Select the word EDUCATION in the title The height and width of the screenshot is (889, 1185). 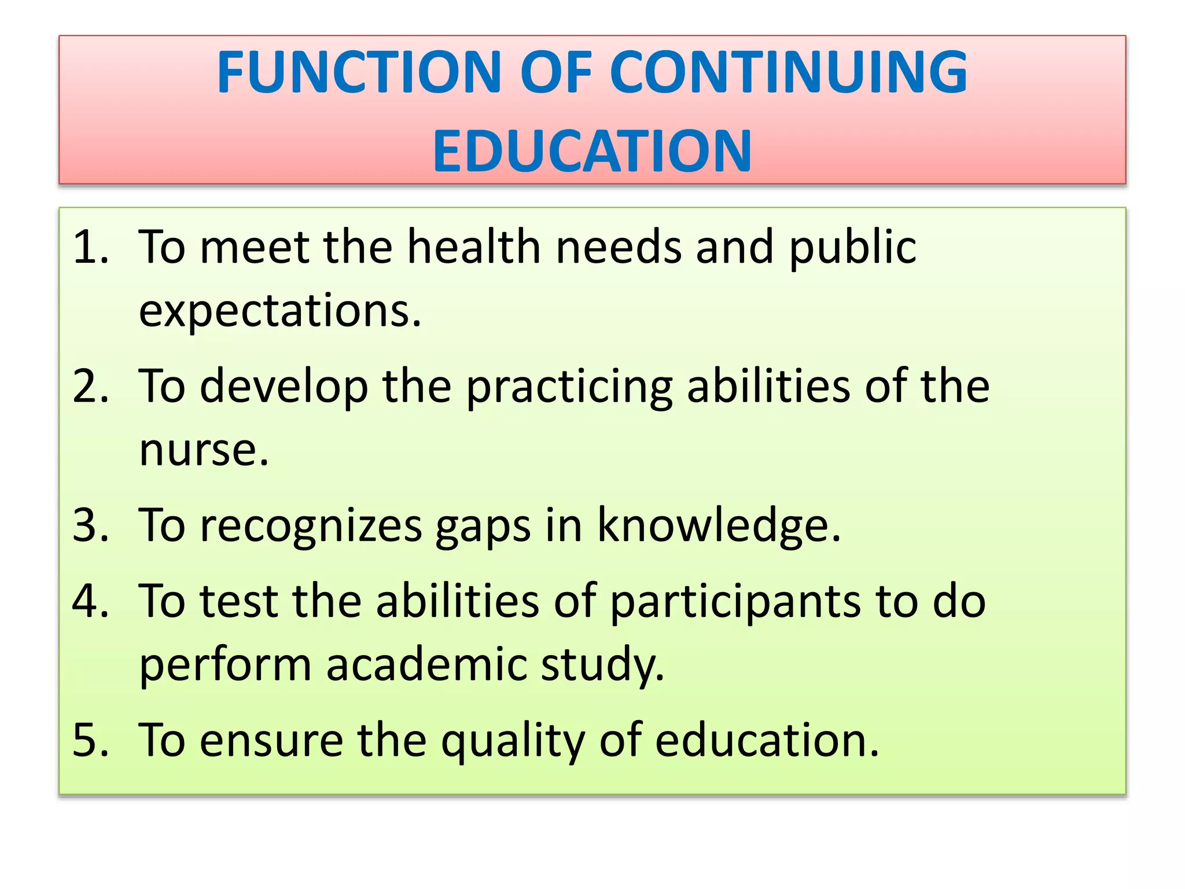point(592,151)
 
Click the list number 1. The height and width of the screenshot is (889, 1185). point(90,247)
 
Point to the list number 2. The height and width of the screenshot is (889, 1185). point(90,386)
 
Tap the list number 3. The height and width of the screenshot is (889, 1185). point(90,525)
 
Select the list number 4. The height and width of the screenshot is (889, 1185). point(90,601)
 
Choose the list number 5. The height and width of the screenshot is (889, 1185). point(90,740)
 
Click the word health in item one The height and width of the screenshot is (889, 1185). point(474,247)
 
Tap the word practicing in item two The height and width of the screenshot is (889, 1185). point(569,387)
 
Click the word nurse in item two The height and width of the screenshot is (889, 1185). point(204,451)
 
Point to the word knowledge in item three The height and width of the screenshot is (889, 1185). point(718,525)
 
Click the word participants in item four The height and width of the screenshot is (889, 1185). point(735,603)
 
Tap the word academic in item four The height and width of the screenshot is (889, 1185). point(426,665)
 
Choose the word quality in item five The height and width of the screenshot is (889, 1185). point(513,741)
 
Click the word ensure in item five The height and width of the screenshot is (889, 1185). point(271,741)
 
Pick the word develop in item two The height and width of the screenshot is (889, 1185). point(284,387)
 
